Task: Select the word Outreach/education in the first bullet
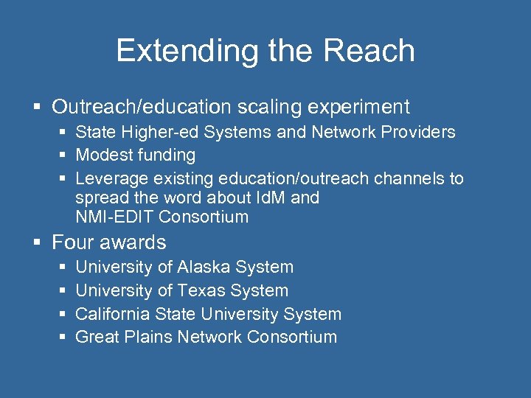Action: pyautogui.click(x=141, y=107)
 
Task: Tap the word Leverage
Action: pyautogui.click(x=111, y=178)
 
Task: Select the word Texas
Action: pyautogui.click(x=205, y=290)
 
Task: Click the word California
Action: pyautogui.click(x=115, y=314)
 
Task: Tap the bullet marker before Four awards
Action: pyautogui.click(x=39, y=243)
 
